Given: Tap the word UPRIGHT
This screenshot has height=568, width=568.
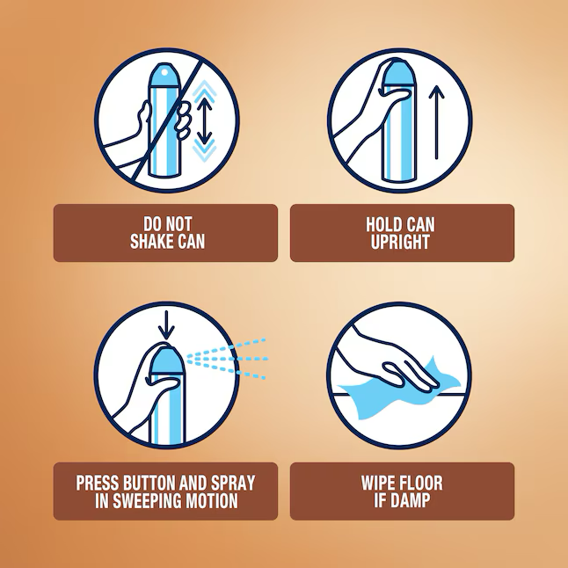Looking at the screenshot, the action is [400, 242].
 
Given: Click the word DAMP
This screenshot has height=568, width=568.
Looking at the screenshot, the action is [410, 500].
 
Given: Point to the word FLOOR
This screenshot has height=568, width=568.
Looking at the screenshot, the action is [421, 483].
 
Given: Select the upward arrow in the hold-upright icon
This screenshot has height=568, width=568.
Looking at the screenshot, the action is [436, 122].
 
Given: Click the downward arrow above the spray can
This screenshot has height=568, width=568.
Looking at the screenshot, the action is [166, 325].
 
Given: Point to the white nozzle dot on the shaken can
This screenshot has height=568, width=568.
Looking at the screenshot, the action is [164, 72].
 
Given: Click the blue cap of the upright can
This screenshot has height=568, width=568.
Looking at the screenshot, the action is [397, 74].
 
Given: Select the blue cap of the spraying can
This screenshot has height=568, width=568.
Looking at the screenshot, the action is [167, 360].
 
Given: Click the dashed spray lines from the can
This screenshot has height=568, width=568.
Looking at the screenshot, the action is [227, 359].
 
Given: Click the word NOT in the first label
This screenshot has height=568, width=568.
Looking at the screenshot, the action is [179, 224].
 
